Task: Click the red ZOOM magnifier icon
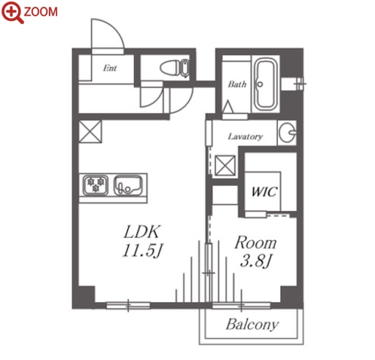tap(13, 13)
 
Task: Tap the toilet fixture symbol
tap(175, 68)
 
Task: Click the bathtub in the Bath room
tap(266, 84)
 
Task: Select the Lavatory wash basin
tap(288, 133)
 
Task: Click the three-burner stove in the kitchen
tap(96, 185)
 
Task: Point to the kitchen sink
tap(128, 185)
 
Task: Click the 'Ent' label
tap(110, 68)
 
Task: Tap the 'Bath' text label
tap(237, 84)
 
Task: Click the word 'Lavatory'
tap(245, 136)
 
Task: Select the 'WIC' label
tap(264, 192)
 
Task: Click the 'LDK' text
tap(142, 232)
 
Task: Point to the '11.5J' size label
tap(142, 251)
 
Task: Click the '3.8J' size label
tap(255, 261)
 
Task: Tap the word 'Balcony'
tap(252, 325)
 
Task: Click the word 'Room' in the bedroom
tap(255, 243)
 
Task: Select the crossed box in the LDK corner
tap(90, 132)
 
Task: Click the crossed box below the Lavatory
tap(225, 165)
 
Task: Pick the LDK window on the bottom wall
tap(128, 306)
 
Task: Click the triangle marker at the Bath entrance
tap(228, 107)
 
